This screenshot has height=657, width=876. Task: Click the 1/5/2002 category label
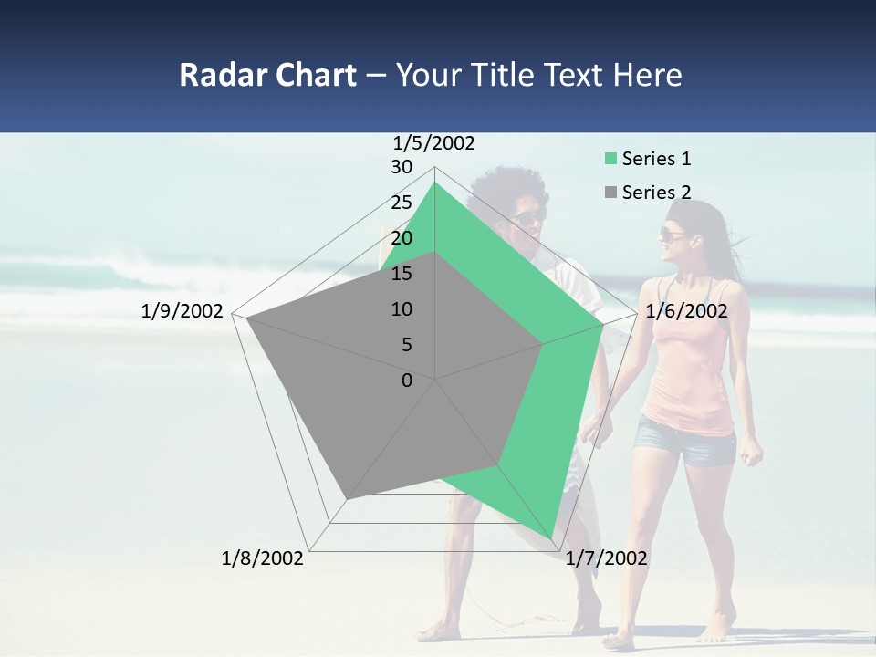pyautogui.click(x=434, y=143)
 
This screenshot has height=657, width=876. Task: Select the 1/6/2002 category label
pyautogui.click(x=686, y=311)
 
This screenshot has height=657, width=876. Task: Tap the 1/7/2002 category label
pyautogui.click(x=607, y=558)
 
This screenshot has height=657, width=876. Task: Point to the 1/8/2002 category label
pyautogui.click(x=263, y=558)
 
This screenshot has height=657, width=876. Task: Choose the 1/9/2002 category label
pyautogui.click(x=182, y=311)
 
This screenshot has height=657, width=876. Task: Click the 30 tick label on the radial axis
pyautogui.click(x=401, y=167)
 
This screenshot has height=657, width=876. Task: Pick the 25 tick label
pyautogui.click(x=401, y=203)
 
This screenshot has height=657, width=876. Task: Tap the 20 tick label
pyautogui.click(x=401, y=238)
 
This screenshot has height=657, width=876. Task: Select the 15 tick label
pyautogui.click(x=401, y=274)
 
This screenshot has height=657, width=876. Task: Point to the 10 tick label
pyautogui.click(x=401, y=309)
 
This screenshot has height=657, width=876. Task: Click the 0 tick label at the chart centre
pyautogui.click(x=407, y=381)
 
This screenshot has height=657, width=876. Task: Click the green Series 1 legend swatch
pyautogui.click(x=610, y=160)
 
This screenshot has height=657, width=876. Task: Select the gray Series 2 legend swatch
pyautogui.click(x=610, y=193)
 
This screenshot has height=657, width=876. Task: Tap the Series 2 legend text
pyautogui.click(x=656, y=193)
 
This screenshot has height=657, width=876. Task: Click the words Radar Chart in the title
pyautogui.click(x=267, y=75)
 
